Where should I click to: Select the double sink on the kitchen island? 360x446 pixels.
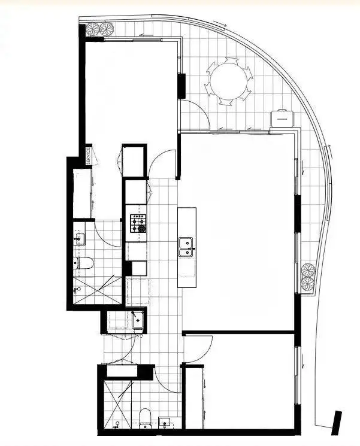pyautogui.click(x=186, y=247)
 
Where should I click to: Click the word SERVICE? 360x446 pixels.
pyautogui.click(x=88, y=156)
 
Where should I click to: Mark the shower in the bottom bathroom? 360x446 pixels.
pyautogui.click(x=117, y=403)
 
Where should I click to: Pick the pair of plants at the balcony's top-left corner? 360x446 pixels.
pyautogui.click(x=100, y=28)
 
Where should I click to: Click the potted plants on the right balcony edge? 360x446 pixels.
pyautogui.click(x=308, y=277)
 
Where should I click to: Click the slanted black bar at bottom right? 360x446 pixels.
pyautogui.click(x=337, y=420)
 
